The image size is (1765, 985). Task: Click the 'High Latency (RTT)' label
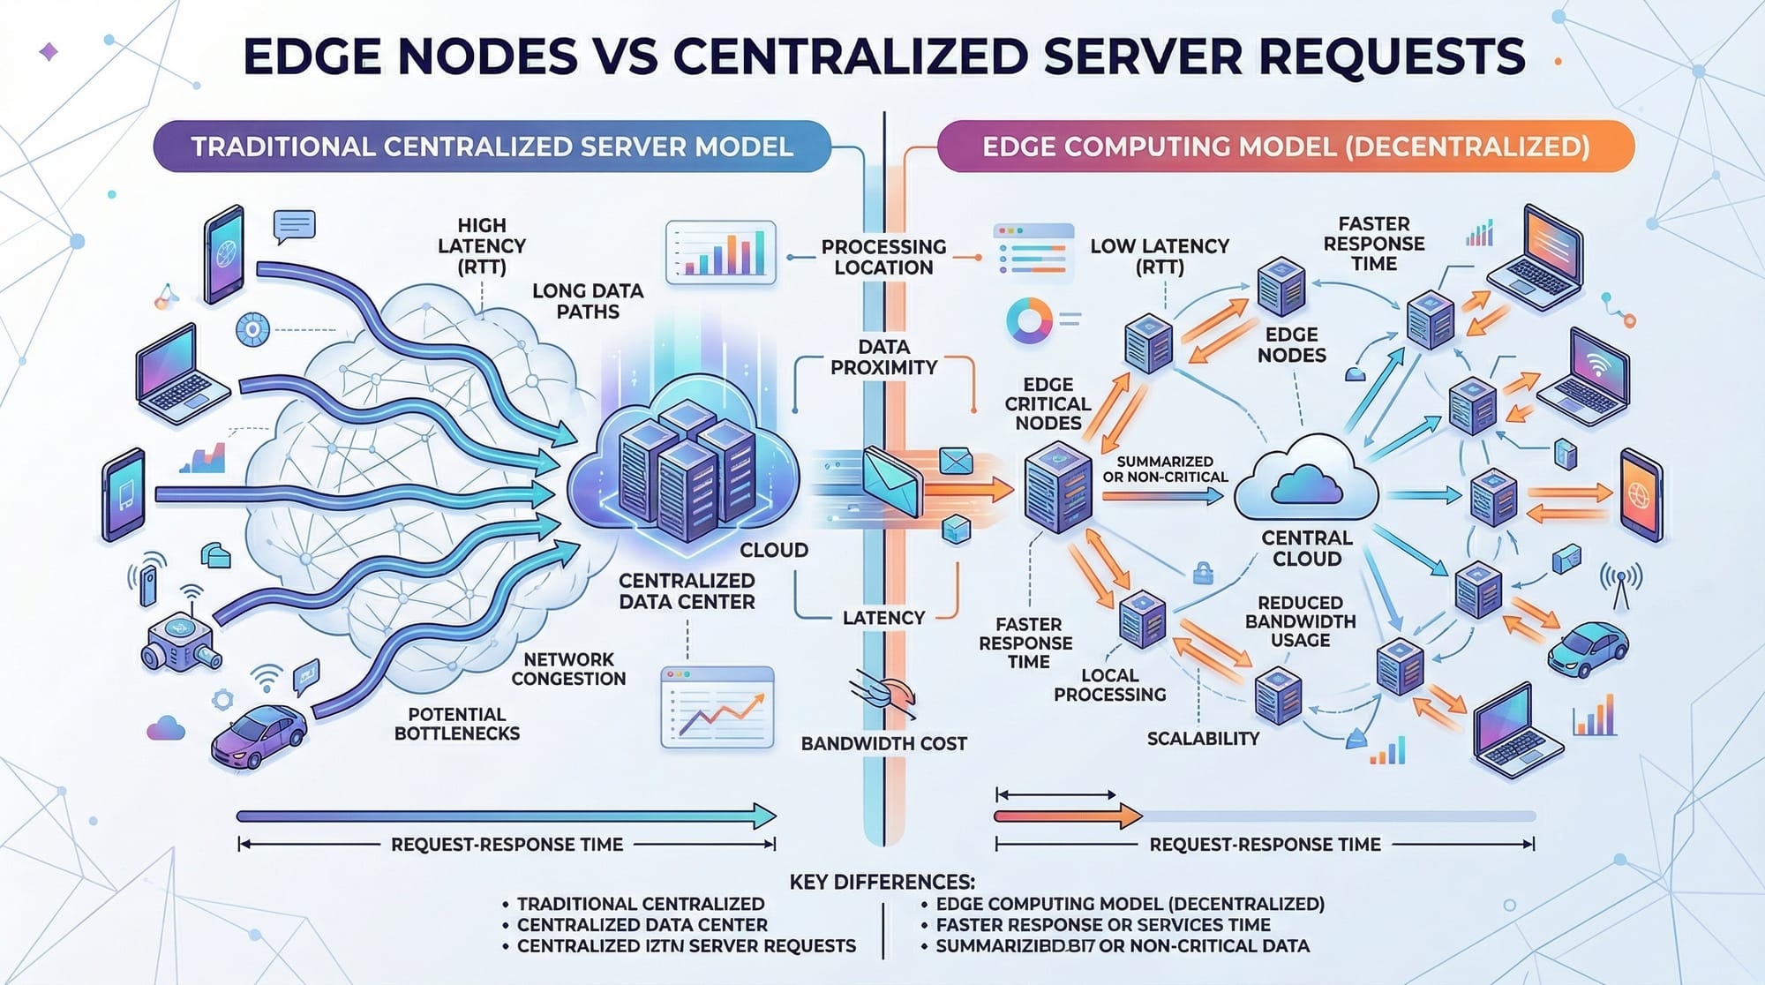click(482, 246)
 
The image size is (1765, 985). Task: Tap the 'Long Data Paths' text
click(588, 301)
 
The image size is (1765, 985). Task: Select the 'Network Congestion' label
click(568, 669)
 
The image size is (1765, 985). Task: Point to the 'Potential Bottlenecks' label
click(456, 724)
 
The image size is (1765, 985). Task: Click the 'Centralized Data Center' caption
click(687, 591)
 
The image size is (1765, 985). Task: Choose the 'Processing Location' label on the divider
click(883, 257)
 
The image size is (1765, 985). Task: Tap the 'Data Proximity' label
click(883, 357)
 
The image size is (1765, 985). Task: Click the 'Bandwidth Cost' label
click(883, 743)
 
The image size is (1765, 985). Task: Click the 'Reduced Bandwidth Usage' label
click(1300, 620)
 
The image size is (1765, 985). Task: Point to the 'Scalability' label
click(1203, 739)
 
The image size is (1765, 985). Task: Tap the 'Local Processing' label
click(1109, 685)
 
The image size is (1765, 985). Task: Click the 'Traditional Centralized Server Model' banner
click(492, 147)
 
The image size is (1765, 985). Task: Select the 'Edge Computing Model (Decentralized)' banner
click(1285, 147)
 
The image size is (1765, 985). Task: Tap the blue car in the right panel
click(1588, 648)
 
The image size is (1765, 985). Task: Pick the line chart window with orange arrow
click(717, 708)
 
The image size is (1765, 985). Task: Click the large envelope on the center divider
click(891, 482)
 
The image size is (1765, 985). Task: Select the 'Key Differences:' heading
click(882, 882)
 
